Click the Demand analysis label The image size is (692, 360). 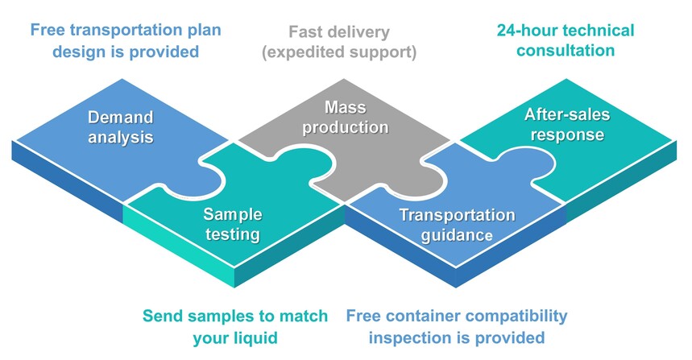(120, 127)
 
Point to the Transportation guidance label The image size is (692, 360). (457, 225)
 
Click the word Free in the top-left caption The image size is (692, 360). (48, 31)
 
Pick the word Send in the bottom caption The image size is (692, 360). (162, 316)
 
